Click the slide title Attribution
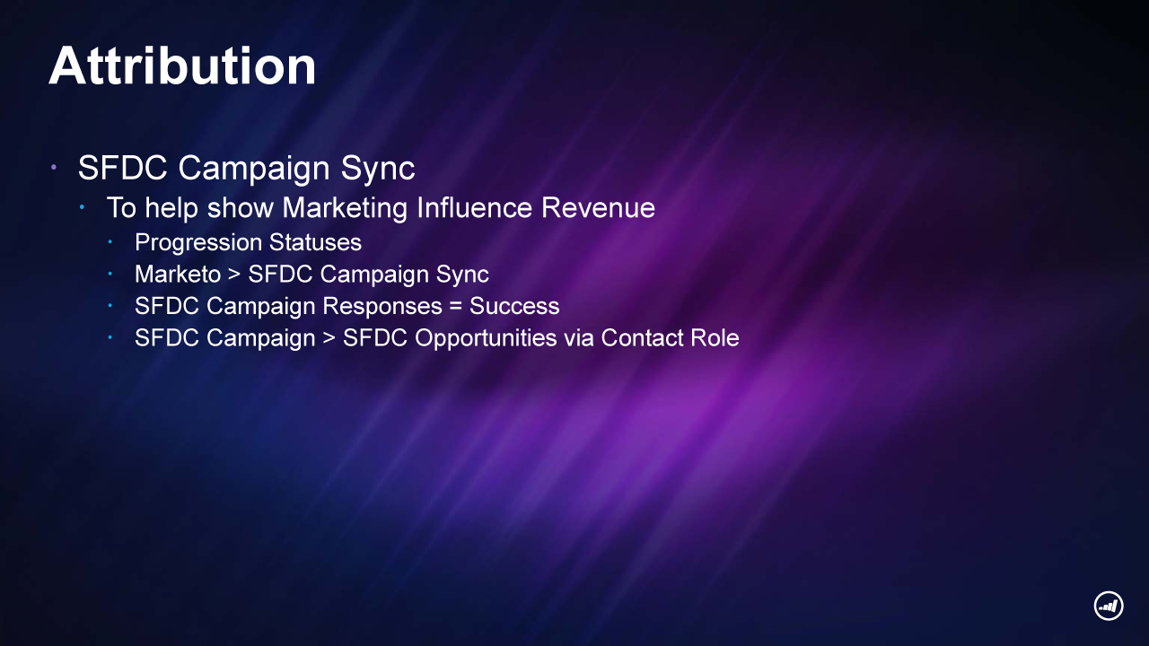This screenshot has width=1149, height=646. [x=182, y=66]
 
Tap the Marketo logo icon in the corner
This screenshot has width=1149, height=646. [x=1109, y=606]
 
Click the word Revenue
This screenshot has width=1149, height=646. [x=598, y=207]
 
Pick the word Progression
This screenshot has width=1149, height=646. [x=198, y=243]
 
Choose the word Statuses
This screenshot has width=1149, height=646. [x=315, y=242]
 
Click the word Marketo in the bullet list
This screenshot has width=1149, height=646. [x=178, y=274]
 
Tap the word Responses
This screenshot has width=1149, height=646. [x=382, y=307]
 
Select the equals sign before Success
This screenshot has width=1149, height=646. [x=455, y=307]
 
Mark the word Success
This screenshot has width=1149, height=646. [x=514, y=306]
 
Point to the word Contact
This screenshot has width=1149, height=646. [x=641, y=338]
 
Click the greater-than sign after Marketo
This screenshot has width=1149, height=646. [x=234, y=275]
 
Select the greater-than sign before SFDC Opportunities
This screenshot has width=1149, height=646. [x=329, y=338]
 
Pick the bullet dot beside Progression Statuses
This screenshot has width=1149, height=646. [x=110, y=242]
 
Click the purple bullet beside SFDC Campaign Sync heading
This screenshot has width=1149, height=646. [x=53, y=167]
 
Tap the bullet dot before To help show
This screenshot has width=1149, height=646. [x=82, y=207]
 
